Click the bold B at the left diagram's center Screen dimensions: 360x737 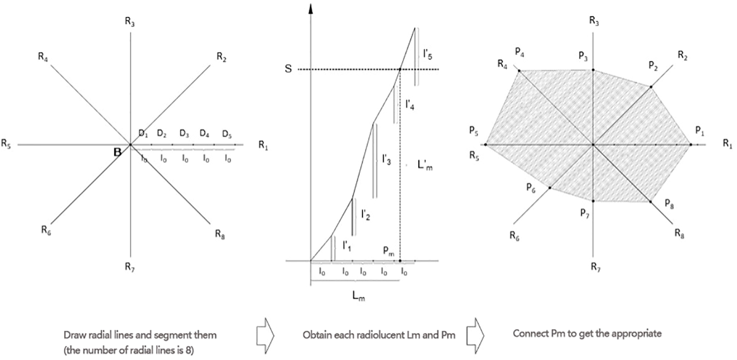tap(117, 152)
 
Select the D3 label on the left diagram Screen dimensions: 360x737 tap(184, 133)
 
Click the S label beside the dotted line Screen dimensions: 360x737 tap(288, 70)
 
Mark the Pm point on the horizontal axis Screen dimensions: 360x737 tap(400, 261)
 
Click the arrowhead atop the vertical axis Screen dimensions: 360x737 tap(311, 9)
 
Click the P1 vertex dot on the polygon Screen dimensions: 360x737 tap(691, 144)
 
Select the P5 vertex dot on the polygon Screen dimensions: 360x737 tap(485, 144)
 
